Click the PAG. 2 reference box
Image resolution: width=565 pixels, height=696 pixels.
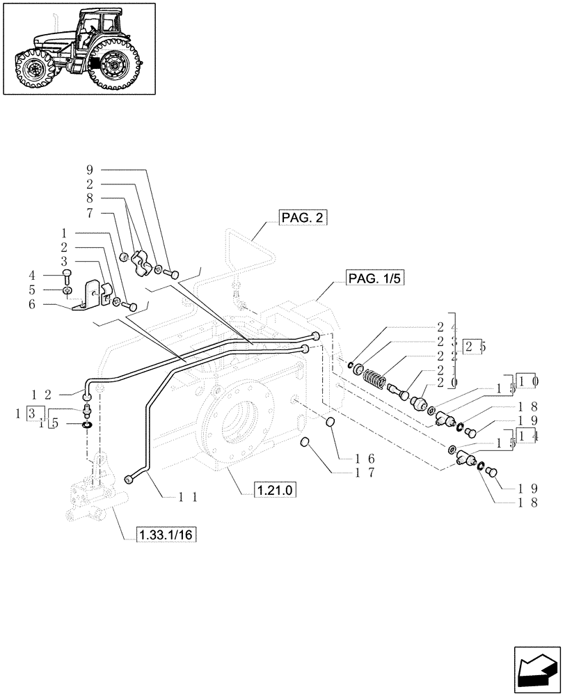[x=303, y=218]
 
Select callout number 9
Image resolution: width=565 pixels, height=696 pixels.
[x=90, y=170]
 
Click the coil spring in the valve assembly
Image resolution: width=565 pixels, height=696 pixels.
[x=375, y=380]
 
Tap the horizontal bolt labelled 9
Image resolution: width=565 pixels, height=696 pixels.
[x=173, y=273]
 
